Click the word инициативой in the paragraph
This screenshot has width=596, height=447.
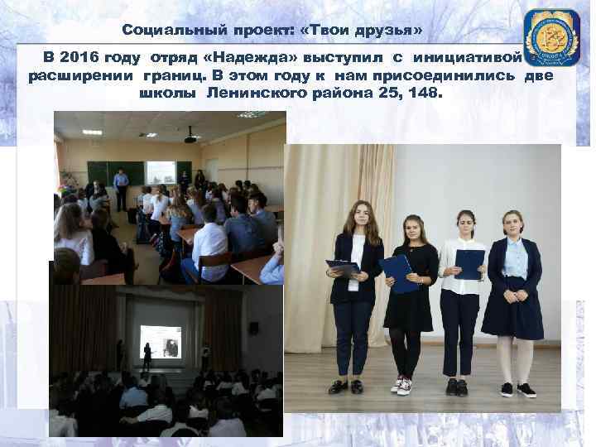[x=469, y=59]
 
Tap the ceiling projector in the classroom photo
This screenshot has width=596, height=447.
[x=190, y=136]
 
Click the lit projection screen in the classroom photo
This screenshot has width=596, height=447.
[x=160, y=172]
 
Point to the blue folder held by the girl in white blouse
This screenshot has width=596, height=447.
[x=469, y=263]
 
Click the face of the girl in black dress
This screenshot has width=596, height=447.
[x=411, y=229]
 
